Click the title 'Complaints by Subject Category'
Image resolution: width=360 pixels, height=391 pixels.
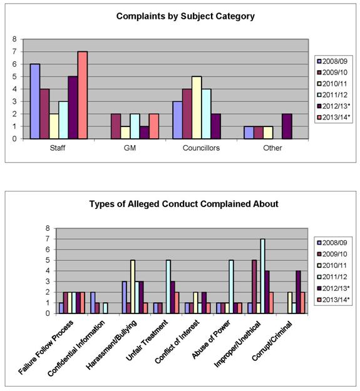click(185, 16)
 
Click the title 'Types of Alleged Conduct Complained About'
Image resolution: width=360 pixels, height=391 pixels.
click(183, 204)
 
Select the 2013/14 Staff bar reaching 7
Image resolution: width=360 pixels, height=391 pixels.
click(83, 95)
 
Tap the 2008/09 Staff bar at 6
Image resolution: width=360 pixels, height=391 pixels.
click(35, 101)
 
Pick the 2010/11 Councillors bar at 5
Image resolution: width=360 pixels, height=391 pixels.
click(197, 108)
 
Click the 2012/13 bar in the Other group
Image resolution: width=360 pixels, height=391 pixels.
click(287, 126)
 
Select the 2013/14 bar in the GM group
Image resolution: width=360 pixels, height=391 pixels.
click(154, 126)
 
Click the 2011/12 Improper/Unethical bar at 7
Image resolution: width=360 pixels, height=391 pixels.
click(262, 276)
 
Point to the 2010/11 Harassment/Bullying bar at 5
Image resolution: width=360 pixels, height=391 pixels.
click(133, 287)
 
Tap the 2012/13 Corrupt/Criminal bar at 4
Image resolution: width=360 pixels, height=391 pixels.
click(298, 292)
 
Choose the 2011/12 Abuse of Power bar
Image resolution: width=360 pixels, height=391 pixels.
click(231, 287)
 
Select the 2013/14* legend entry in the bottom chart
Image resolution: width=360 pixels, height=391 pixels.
click(333, 300)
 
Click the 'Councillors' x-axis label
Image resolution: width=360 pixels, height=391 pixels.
click(201, 148)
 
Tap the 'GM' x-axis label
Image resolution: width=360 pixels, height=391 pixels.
click(130, 148)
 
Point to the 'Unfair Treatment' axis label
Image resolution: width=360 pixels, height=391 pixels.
click(147, 340)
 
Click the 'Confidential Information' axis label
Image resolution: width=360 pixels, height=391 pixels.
click(76, 348)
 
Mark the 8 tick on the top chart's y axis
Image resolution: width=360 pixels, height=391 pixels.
click(14, 39)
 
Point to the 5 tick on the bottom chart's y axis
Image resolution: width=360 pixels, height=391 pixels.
click(48, 260)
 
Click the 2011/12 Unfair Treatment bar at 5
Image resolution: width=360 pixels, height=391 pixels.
click(168, 287)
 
